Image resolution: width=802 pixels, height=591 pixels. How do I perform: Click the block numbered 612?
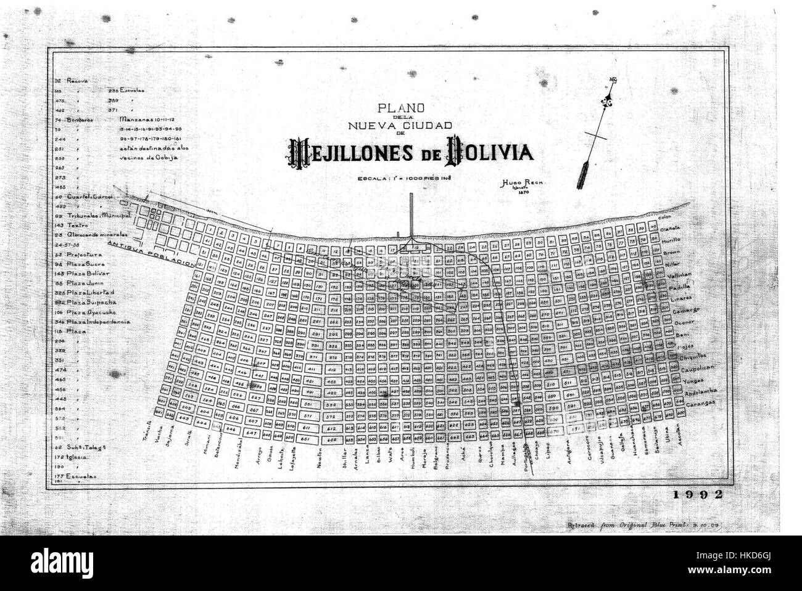pos(332,428)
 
